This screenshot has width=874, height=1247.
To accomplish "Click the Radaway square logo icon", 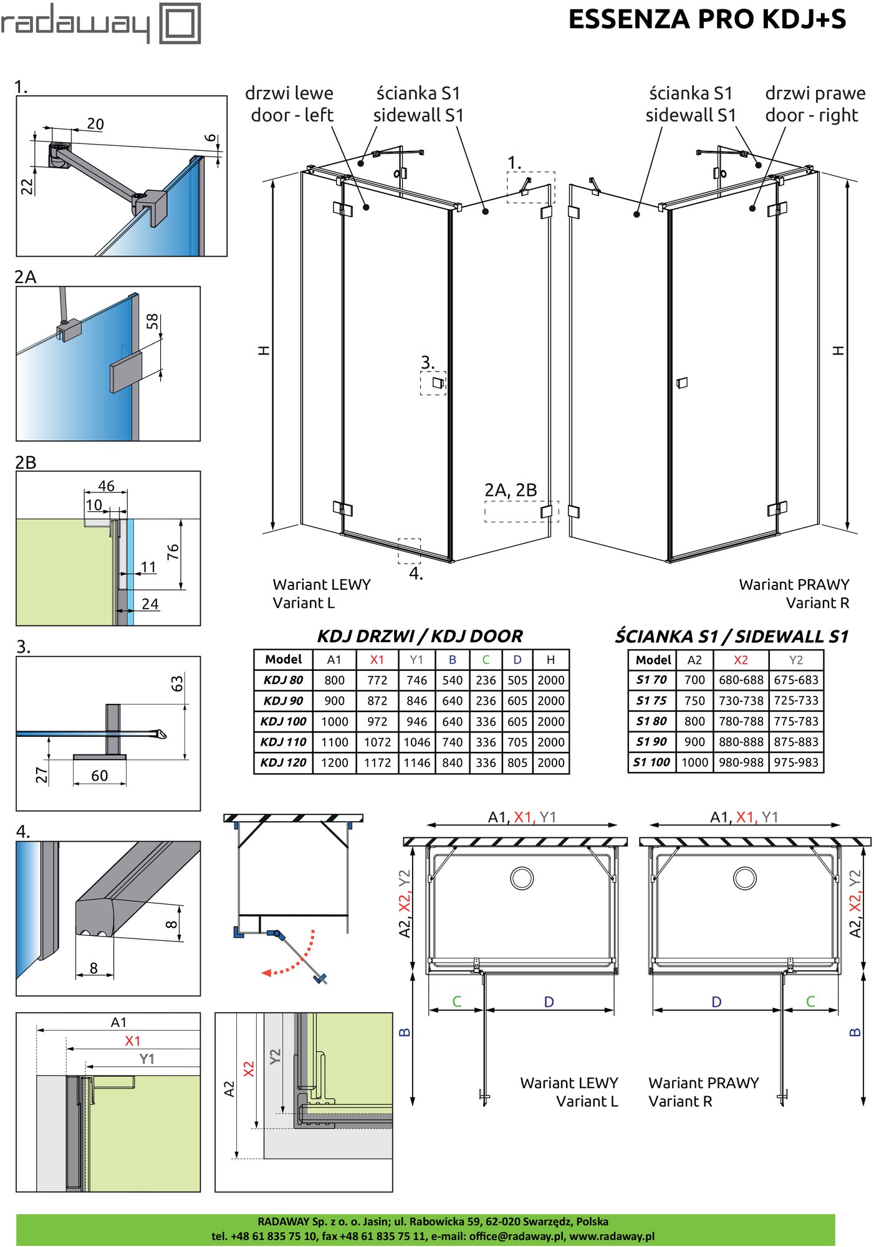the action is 180,24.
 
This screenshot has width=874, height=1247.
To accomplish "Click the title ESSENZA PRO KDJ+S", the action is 707,19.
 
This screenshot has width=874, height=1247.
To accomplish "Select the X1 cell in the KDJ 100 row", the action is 377,721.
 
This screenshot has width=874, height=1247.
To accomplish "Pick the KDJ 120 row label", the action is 284,763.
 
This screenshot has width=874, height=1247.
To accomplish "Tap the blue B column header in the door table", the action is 453,660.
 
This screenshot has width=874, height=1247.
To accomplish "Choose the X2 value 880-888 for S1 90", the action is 741,742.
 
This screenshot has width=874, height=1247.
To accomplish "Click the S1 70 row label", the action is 651,680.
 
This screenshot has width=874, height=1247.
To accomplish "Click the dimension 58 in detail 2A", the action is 152,322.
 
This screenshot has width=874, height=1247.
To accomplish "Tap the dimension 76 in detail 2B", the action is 173,551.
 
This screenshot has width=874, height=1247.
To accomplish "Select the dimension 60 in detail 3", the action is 100,776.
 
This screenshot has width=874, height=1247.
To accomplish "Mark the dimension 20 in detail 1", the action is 95,124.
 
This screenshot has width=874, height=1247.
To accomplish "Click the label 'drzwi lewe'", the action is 289,94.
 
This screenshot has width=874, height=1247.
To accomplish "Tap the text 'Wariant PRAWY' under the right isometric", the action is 794,585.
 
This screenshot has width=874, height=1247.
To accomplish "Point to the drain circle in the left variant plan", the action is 522,878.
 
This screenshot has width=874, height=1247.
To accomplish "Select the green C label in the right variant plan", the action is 810,1001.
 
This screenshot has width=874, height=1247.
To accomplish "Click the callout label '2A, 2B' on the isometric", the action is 511,490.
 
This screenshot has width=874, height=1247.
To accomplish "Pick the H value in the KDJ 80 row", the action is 551,680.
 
